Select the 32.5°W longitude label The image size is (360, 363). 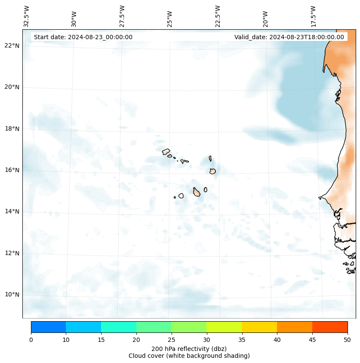click(27, 16)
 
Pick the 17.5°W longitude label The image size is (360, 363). click(313, 16)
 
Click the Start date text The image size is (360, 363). click(83, 37)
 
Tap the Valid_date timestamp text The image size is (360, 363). click(289, 37)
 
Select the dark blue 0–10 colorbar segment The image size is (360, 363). click(48, 327)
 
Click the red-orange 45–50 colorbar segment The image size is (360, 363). click(329, 327)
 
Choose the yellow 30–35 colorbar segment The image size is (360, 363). click(224, 327)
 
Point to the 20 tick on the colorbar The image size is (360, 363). click(136, 340)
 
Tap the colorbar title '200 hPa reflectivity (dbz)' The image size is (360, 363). click(189, 348)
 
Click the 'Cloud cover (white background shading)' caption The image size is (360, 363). click(189, 356)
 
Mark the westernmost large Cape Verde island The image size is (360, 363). click(166, 152)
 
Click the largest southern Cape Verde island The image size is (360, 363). click(197, 192)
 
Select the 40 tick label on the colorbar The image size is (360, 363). click(277, 340)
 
